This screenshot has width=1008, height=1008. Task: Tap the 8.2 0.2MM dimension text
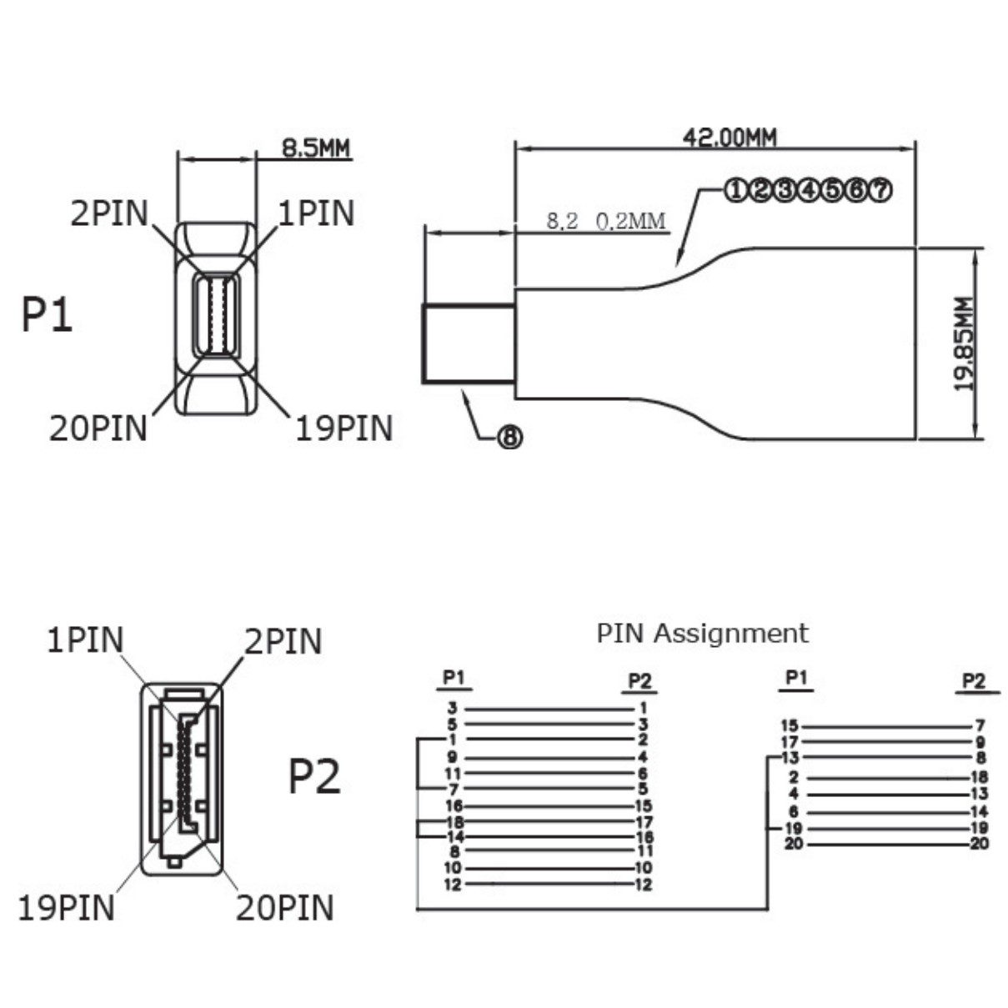coord(606,221)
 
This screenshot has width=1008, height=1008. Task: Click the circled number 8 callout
coord(509,436)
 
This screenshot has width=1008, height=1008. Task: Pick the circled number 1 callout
coord(735,190)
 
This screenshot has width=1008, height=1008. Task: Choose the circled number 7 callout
coord(880,190)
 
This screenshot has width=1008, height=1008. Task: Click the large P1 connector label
coord(47,315)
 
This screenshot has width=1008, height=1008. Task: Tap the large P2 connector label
coord(314,777)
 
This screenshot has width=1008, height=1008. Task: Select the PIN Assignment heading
coord(702,633)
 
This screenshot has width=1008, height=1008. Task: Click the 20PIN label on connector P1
coord(98,428)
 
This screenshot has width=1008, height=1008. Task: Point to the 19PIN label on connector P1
coord(344,428)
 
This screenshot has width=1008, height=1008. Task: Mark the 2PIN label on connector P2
coord(283,641)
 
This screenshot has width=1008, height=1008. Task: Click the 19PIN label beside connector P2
coord(67,907)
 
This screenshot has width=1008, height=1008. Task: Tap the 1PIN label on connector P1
coord(316,213)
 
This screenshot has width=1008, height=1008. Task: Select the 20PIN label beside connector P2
coord(284,907)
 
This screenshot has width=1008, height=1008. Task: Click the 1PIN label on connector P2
coord(85,640)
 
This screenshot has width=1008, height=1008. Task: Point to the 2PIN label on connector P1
coord(109,213)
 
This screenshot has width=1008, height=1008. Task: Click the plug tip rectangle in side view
coord(468,344)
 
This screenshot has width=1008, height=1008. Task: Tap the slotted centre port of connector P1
coord(217,315)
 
